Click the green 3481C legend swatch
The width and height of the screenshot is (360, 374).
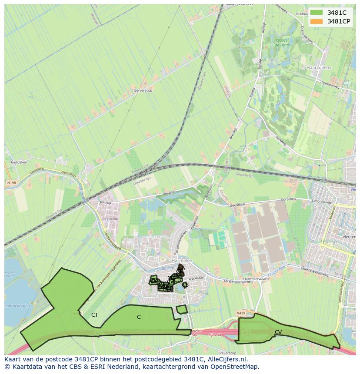pos(317,13)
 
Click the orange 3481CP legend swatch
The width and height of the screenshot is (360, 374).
pos(317,21)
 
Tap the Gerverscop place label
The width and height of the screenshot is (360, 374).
pos(143,91)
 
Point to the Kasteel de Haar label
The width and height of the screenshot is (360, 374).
pos(282,42)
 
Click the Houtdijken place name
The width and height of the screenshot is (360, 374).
pos(18,162)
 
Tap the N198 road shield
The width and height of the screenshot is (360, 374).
pos(11,183)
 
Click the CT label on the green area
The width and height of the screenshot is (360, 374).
pos(94,315)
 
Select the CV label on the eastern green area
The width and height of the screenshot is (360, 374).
pos(278,332)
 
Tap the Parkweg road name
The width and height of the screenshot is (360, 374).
pos(282,140)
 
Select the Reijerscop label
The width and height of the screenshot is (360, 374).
pos(227,353)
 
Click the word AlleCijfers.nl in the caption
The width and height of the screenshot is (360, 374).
pos(226,359)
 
